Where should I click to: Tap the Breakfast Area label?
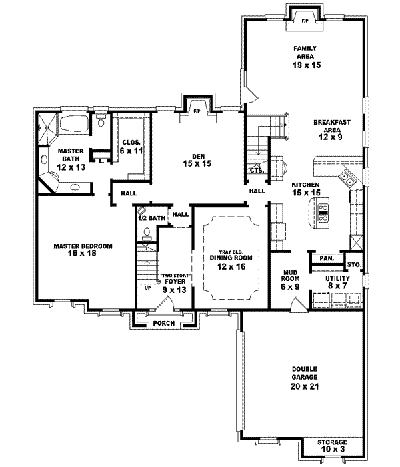point(327,129)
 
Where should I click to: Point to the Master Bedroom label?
point(83,249)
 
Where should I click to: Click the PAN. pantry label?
point(326,258)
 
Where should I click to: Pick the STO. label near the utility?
point(353,265)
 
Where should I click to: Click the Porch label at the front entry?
point(163,323)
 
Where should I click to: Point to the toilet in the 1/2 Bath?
point(147,233)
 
